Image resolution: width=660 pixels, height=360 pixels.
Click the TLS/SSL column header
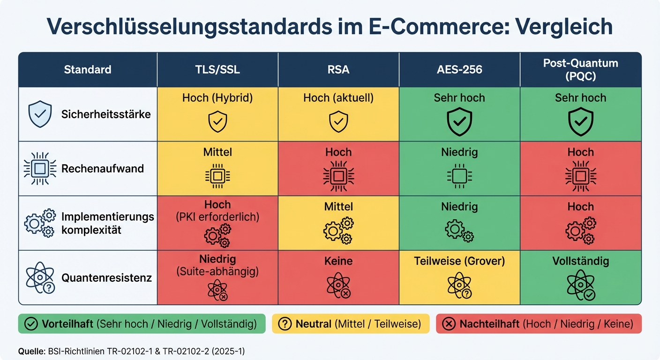(217, 70)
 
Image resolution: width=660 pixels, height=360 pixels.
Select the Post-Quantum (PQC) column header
(580, 70)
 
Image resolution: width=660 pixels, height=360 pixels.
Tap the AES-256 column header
(459, 70)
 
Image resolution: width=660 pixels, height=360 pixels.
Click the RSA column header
(338, 70)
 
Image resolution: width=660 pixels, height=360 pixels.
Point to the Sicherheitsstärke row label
(106, 114)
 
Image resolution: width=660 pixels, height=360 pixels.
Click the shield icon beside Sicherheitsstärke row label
(40, 114)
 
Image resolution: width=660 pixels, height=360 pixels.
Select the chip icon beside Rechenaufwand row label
(40, 169)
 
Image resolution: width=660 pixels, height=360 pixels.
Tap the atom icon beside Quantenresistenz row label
(40, 277)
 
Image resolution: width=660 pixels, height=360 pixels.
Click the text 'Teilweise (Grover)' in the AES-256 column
(459, 261)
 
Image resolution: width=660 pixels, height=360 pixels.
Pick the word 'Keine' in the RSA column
(338, 261)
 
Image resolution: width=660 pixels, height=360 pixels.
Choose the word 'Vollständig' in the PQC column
(580, 261)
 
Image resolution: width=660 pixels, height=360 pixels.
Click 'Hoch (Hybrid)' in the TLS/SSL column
(217, 98)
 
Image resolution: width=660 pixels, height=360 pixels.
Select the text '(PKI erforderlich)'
(217, 217)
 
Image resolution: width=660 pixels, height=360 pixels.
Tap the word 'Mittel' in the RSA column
(338, 207)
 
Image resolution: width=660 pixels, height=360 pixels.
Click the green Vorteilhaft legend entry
(142, 324)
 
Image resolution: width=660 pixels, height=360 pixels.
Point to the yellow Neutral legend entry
(350, 324)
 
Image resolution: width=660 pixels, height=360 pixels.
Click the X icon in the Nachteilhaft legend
(449, 324)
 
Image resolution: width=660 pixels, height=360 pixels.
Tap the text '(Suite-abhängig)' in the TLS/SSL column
(217, 271)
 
